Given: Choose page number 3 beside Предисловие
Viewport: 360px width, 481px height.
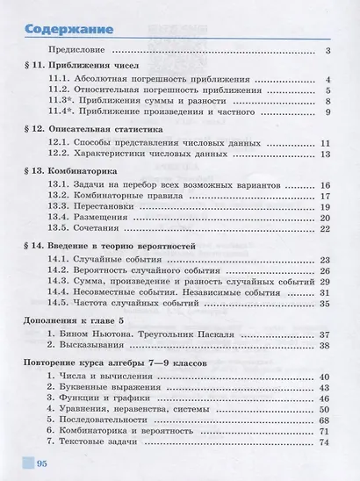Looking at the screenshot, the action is click(x=327, y=52).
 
